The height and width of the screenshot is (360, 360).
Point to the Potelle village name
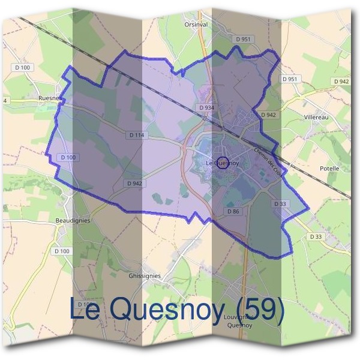coord(329,169)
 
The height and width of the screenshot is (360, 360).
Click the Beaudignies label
coord(73,220)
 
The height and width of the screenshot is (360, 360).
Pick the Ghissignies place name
coord(145,276)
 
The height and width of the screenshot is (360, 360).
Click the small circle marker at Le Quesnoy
coord(222,163)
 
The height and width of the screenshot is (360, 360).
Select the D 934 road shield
coord(205,107)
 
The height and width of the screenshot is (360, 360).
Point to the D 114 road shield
coord(136,136)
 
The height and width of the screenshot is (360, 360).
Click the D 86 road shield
coord(233,211)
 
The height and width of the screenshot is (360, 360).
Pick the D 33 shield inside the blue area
coord(280,204)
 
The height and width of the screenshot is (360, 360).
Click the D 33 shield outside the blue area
coord(316,237)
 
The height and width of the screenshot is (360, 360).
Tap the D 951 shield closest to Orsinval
coord(243,39)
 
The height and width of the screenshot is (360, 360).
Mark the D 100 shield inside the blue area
coord(68,157)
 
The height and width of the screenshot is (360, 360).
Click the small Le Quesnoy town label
coord(222,163)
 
